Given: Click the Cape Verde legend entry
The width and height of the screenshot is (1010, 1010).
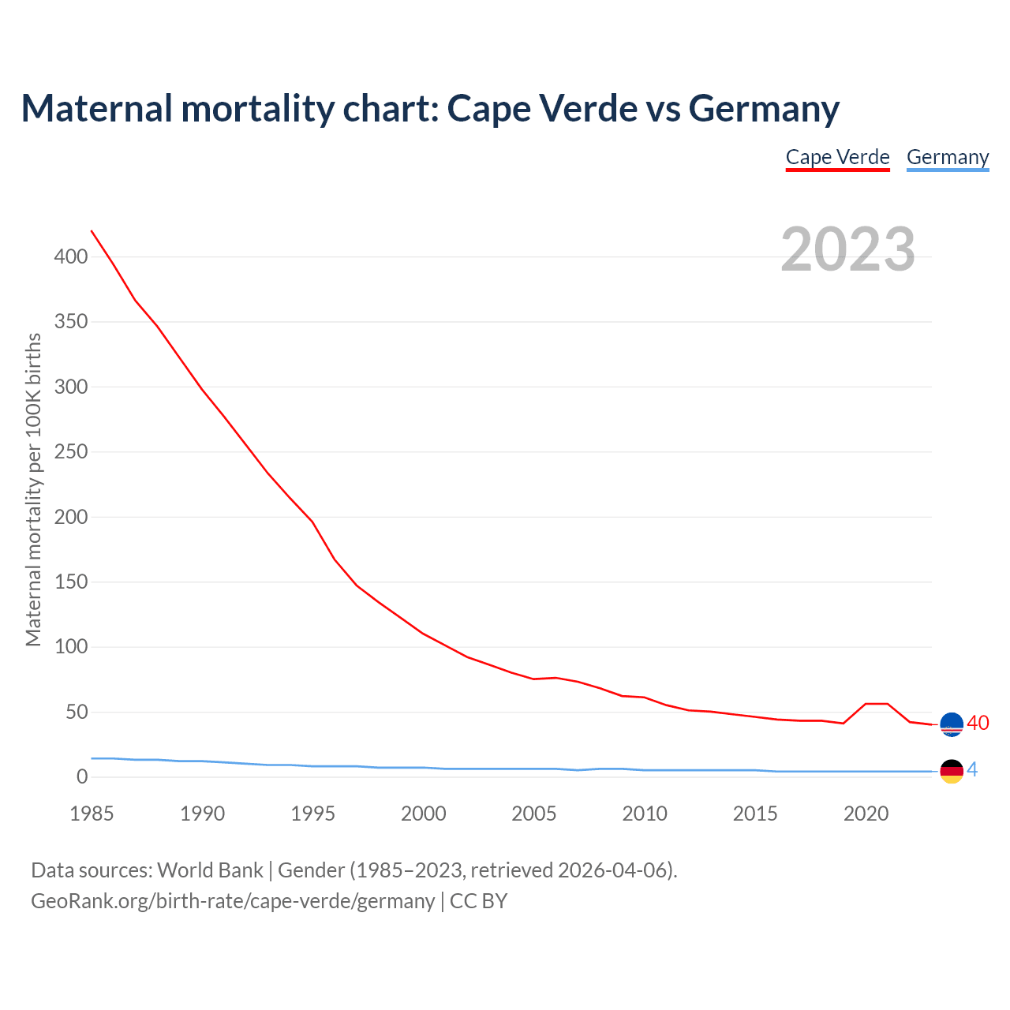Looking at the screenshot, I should point(837,157).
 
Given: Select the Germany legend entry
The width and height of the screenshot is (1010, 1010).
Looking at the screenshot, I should point(947,157).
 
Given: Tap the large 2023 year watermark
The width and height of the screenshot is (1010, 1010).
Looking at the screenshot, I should point(847,249).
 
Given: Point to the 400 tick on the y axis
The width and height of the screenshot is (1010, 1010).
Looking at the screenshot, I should point(71,256).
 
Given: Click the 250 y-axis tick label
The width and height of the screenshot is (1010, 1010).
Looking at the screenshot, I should point(71,452).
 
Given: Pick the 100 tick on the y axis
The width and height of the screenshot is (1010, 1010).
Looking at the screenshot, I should point(71,647).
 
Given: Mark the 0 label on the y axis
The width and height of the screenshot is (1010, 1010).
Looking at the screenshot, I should point(82,777).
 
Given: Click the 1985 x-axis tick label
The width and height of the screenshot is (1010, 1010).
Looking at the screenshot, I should point(92,814).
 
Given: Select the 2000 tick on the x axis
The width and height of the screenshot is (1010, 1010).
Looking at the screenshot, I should point(424,814).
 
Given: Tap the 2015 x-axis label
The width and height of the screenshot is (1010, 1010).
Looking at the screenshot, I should point(755,814).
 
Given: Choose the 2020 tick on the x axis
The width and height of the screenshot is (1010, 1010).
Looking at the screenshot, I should point(866,814).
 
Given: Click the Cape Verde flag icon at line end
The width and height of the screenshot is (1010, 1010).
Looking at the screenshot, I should point(952,724).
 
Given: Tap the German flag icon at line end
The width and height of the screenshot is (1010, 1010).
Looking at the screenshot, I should point(952,771).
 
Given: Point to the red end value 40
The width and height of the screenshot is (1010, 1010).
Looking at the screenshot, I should point(978,723).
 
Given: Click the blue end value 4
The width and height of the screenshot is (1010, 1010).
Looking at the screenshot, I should point(972,769).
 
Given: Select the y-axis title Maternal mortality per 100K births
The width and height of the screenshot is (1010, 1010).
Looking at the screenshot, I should point(33,489).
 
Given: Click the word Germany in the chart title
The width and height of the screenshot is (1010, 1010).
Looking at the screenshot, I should point(763,108).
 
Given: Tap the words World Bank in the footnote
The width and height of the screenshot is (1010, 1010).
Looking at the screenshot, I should point(210,870).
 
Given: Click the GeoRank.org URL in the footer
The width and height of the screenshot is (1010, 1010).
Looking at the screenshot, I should point(233,900).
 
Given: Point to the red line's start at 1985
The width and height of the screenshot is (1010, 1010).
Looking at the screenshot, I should point(92,231).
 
